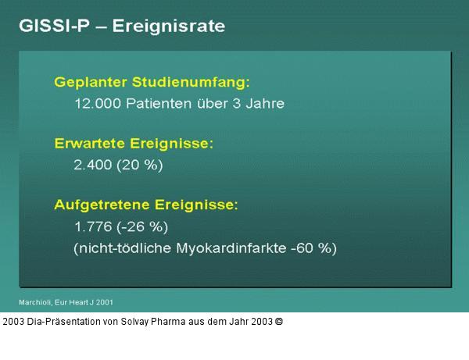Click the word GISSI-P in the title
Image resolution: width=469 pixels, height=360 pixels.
pos(52,26)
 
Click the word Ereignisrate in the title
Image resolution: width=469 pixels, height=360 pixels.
pos(169,26)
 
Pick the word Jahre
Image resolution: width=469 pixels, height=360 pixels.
pos(263,103)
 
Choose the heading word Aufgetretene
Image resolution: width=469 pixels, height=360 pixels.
pos(101,205)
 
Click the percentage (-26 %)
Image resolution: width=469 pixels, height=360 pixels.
pos(143,227)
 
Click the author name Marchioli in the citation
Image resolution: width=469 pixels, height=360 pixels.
pos(36,301)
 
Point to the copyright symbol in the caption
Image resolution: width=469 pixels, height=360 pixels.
pos(278,321)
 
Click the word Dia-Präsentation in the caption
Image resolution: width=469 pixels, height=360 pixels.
pos(63,321)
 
